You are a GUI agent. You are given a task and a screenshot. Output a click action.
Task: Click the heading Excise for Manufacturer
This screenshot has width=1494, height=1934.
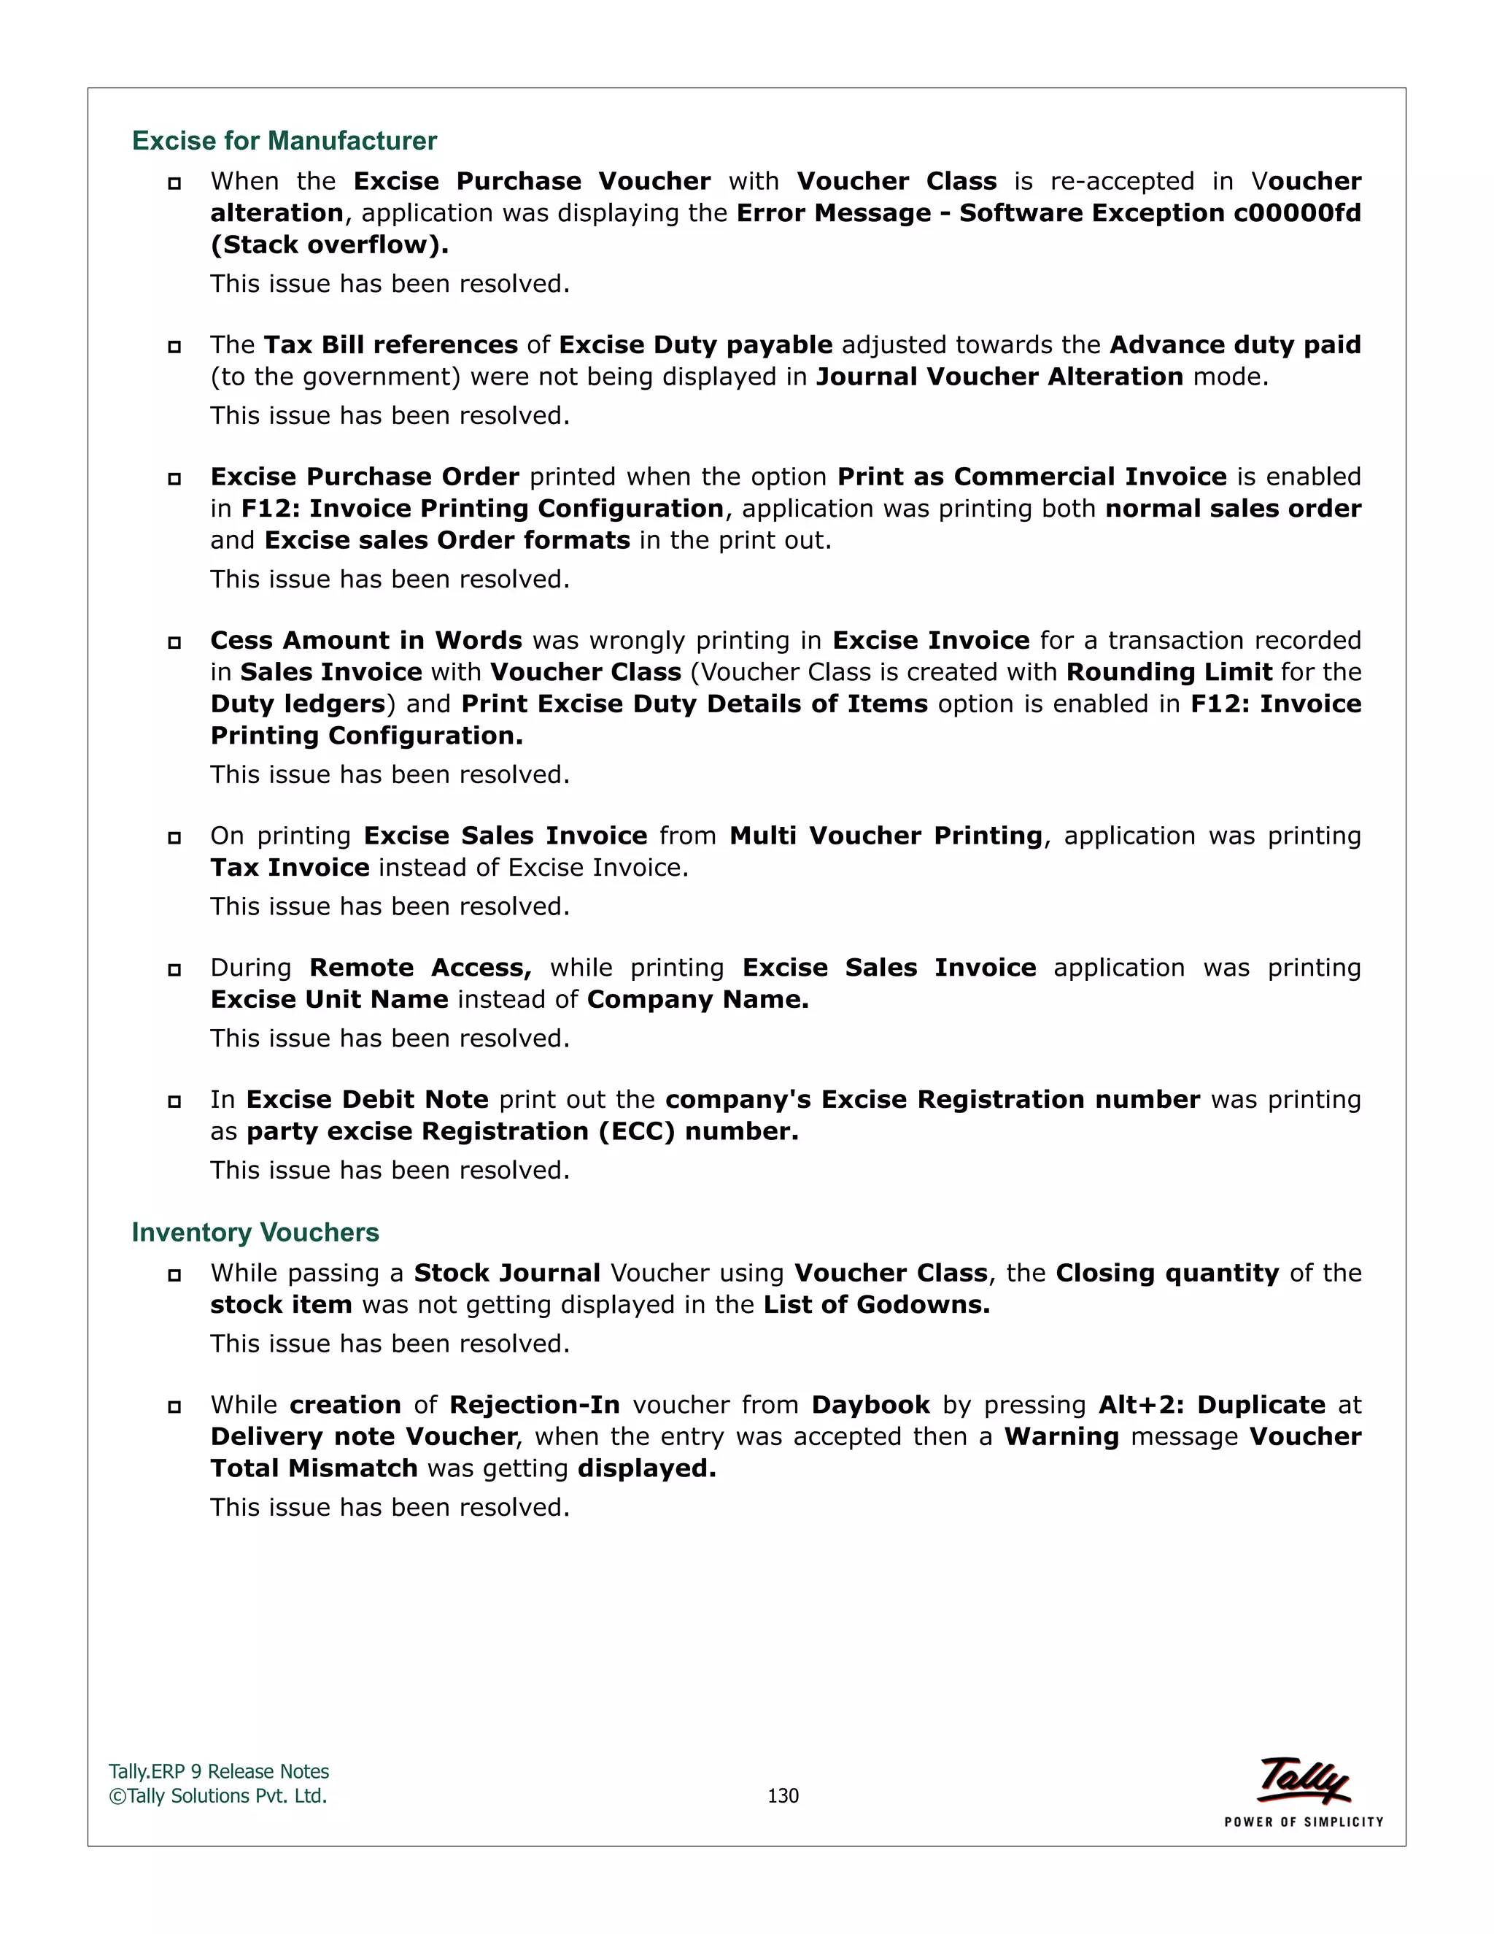(284, 141)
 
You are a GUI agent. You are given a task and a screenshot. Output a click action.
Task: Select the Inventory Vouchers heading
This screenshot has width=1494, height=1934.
(255, 1232)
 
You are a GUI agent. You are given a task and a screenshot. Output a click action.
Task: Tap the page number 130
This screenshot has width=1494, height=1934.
(783, 1795)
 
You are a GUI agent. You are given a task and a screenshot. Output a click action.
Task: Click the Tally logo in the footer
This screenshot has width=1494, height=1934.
(1304, 1781)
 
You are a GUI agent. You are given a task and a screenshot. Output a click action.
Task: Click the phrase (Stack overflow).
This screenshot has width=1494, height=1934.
(329, 245)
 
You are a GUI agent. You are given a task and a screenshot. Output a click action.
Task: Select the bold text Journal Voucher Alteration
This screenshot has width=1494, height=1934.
(999, 377)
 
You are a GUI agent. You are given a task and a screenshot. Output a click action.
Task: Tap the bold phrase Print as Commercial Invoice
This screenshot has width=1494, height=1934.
(1032, 477)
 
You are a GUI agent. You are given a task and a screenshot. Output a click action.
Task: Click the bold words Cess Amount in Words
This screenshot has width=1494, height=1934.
(366, 640)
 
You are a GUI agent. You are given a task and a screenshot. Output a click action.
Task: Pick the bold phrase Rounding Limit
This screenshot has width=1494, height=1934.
(1169, 672)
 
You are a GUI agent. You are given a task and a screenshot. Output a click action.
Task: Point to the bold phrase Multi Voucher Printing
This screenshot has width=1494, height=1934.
(886, 836)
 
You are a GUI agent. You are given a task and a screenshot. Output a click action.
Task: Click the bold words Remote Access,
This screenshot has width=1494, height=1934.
(420, 968)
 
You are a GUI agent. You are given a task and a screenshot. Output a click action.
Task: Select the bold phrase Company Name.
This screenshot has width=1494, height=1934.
(697, 1000)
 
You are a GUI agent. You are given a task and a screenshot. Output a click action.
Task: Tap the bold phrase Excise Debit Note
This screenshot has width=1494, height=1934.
(368, 1100)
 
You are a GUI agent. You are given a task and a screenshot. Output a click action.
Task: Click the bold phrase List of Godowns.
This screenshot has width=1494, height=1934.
(876, 1306)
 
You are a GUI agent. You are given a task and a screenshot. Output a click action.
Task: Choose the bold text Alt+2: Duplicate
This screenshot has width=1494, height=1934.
(1212, 1406)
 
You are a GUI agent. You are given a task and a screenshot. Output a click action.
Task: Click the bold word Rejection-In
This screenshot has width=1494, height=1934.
(535, 1406)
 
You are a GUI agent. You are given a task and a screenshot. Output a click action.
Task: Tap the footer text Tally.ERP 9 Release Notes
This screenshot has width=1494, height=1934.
(219, 1772)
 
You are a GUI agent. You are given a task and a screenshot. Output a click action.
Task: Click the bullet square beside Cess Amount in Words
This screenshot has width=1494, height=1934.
(174, 642)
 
